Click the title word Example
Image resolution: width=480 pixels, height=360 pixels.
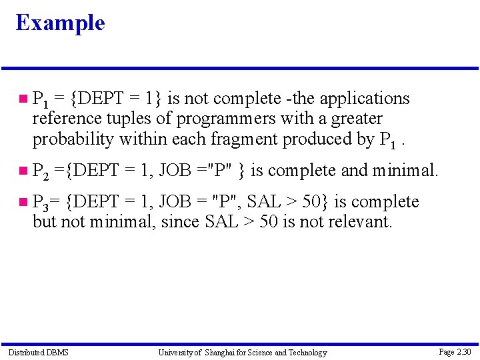click(60, 23)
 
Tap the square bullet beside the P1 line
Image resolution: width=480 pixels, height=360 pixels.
click(23, 99)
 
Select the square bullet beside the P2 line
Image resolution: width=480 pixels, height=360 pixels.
click(23, 171)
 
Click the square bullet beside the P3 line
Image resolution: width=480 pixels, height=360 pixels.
click(23, 202)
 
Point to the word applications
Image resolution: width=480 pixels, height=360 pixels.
click(365, 99)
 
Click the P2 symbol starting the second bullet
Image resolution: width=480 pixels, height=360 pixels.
click(41, 171)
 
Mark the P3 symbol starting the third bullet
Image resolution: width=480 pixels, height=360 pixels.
click(41, 203)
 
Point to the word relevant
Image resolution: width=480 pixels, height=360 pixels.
click(358, 222)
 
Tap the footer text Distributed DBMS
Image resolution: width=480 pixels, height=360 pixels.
click(38, 352)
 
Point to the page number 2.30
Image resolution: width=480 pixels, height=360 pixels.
click(463, 351)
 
